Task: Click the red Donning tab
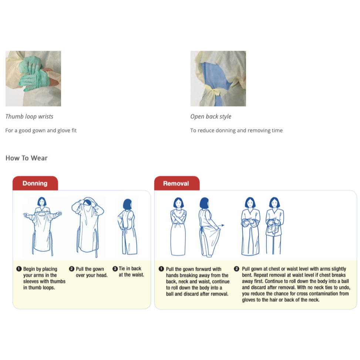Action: (x=35, y=183)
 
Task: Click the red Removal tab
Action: (x=176, y=183)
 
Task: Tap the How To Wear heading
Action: (x=27, y=158)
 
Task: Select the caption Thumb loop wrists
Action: (x=29, y=117)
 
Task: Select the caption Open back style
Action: (x=211, y=117)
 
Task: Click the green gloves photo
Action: (x=33, y=78)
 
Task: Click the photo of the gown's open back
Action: (x=218, y=78)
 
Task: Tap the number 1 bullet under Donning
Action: (x=19, y=269)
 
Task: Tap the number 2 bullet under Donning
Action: (x=72, y=269)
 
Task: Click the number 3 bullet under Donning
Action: (x=115, y=269)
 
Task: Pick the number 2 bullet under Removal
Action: (x=237, y=269)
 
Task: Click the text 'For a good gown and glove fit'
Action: (x=41, y=130)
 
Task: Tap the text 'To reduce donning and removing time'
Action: (x=236, y=130)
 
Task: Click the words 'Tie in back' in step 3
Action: (x=130, y=269)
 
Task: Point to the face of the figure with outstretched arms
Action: (x=42, y=203)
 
